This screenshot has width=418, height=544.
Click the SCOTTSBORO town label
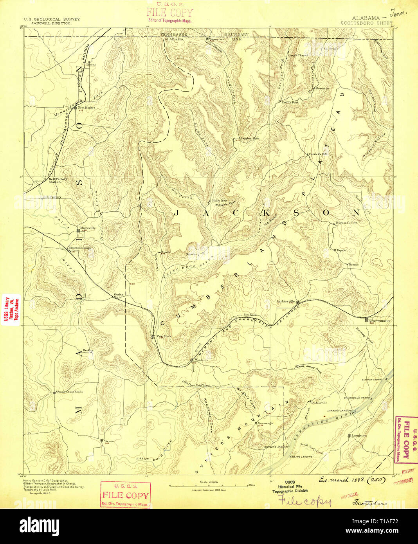379,321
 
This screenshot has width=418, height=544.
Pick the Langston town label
359,436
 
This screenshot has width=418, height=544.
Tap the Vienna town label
109,441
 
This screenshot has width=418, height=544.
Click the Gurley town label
118,294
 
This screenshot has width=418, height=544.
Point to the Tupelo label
341,250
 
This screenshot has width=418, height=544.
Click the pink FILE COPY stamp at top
169,14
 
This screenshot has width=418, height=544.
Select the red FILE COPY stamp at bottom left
125,495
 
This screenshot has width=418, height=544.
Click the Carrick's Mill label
317,154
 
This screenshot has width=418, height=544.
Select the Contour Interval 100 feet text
209,490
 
